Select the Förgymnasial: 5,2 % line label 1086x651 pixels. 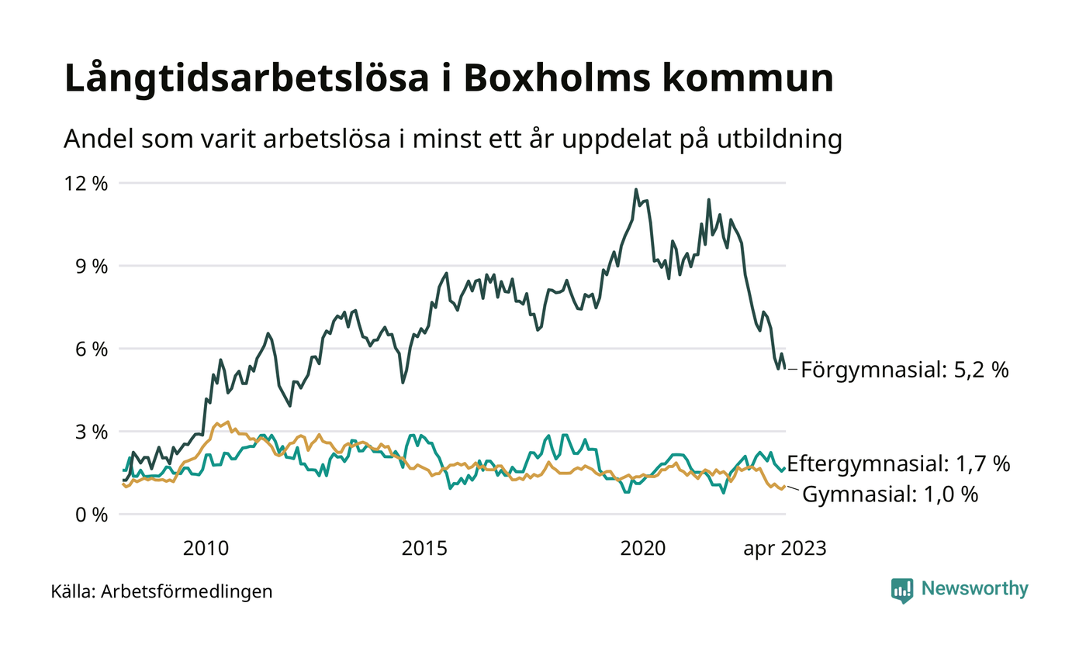point(904,370)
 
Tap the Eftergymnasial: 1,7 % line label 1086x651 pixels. point(898,465)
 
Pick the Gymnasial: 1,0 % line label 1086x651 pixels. point(890,494)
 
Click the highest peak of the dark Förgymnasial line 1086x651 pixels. point(636,189)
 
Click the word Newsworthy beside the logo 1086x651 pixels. point(974,589)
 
